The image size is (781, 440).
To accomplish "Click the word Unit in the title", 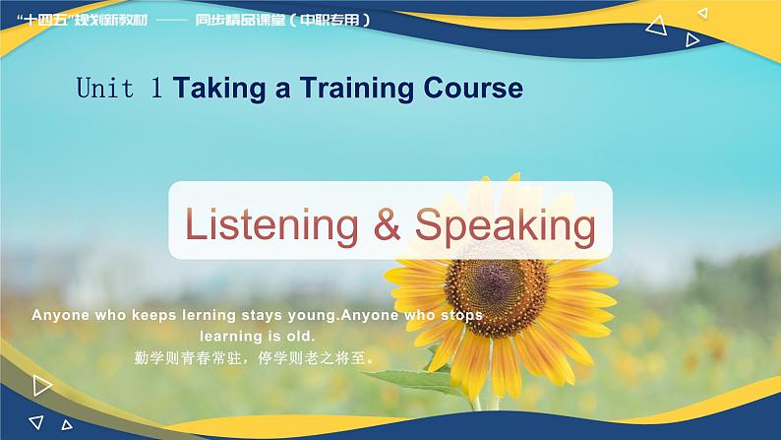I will (x=105, y=89).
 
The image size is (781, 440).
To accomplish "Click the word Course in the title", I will (x=470, y=89).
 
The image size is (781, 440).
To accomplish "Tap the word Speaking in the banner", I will (x=505, y=225).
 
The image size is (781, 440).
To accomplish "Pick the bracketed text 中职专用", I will (x=330, y=20).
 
